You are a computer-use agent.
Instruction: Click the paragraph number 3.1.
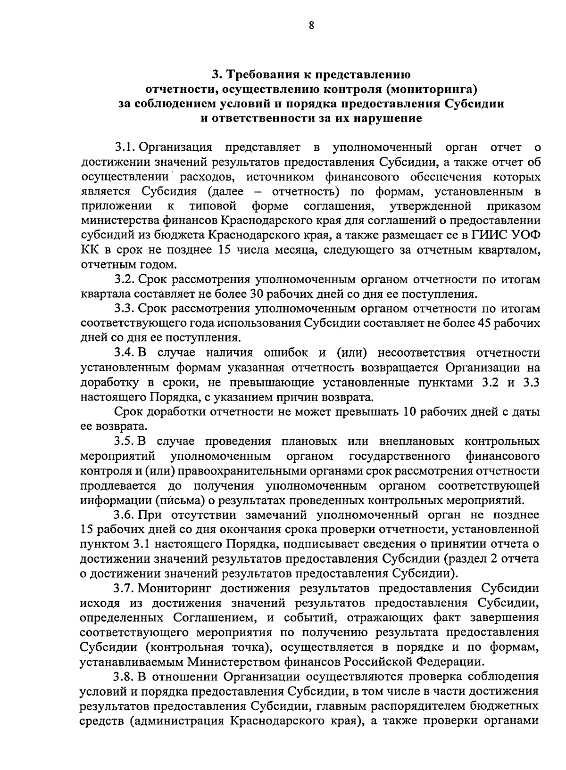(x=125, y=148)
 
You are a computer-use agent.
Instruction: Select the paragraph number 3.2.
(x=125, y=279)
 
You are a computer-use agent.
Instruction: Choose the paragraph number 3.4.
(x=125, y=353)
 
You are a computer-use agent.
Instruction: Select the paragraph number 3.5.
(x=125, y=442)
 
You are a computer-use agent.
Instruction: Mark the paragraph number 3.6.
(x=125, y=515)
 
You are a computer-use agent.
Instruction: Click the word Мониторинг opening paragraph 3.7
(x=176, y=589)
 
